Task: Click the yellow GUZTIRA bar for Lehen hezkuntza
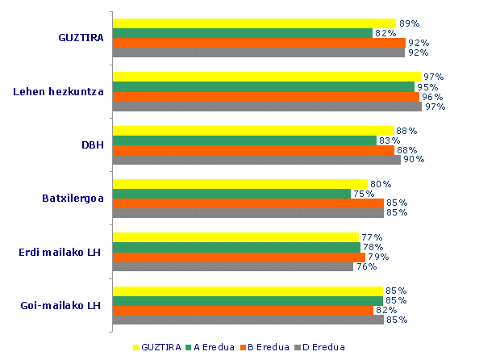pos(266,77)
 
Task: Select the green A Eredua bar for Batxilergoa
pos(231,194)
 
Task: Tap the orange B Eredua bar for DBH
pos(253,149)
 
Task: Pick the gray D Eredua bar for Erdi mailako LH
pos(232,266)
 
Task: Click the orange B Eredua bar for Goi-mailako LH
pos(243,310)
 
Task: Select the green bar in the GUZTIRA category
pos(242,33)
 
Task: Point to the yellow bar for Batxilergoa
pos(240,184)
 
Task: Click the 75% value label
pos(363,194)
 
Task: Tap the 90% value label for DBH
pos(414,159)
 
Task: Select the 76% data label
pos(366,266)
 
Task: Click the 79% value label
pos(378,257)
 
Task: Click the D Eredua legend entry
pos(322,347)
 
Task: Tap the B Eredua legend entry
pos(267,347)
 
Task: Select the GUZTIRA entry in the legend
pos(157,347)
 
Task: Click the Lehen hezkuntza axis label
pos(59,91)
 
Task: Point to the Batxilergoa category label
pos(73,198)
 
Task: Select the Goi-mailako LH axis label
pos(60,305)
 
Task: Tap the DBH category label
pos(92,145)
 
